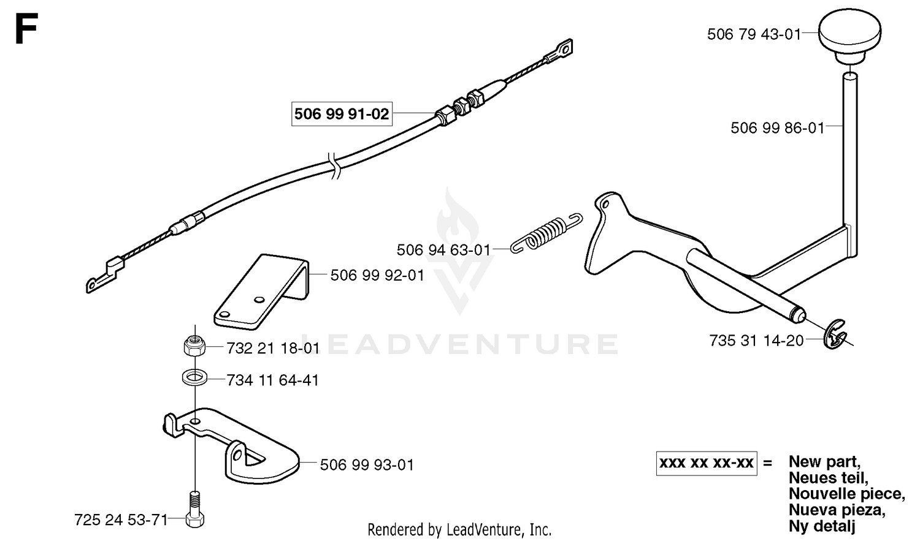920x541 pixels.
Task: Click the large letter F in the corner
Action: tap(27, 28)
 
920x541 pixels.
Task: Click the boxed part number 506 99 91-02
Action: tap(342, 113)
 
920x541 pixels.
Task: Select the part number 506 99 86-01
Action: tap(778, 128)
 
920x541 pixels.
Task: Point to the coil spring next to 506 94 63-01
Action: tap(546, 233)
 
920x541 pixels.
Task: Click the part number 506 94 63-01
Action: tap(443, 250)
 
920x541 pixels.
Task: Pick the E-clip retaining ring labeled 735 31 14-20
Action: tap(834, 335)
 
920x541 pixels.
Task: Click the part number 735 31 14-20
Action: tap(756, 341)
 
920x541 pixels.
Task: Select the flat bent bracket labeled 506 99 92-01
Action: tap(262, 292)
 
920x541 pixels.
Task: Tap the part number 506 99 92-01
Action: tap(377, 275)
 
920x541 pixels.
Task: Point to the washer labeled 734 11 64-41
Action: tap(194, 378)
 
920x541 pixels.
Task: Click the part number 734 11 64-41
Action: tap(273, 380)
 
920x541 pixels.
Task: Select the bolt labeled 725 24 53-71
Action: tap(194, 509)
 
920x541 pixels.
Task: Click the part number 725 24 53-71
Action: tap(121, 520)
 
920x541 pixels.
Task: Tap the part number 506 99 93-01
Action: tap(367, 464)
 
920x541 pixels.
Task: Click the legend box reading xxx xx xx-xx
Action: tap(707, 463)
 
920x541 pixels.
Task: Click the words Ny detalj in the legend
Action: tap(822, 526)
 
